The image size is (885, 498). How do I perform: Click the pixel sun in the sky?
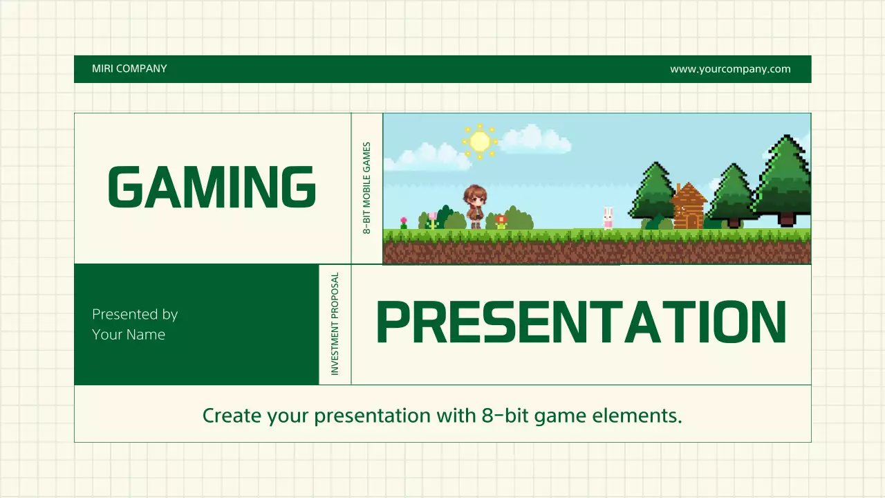[x=479, y=142]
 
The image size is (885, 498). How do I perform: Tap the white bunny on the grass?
[x=608, y=218]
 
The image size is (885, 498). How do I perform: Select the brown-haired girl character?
[x=476, y=206]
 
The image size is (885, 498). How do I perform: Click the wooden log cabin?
[x=688, y=207]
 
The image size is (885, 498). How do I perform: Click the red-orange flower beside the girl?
[x=501, y=221]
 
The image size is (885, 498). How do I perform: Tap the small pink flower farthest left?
[x=404, y=223]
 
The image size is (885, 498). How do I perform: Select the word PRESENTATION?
[x=581, y=324]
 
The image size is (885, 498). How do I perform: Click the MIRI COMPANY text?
[x=129, y=68]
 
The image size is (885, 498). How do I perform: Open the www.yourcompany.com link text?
[x=729, y=68]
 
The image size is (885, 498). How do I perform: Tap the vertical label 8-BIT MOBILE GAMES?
[x=367, y=188]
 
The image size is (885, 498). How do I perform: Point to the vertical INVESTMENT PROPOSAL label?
[x=335, y=324]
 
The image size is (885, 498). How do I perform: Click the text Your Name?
[x=129, y=335]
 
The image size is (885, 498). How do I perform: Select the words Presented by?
[x=135, y=314]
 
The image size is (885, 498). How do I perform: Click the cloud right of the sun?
[x=536, y=140]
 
